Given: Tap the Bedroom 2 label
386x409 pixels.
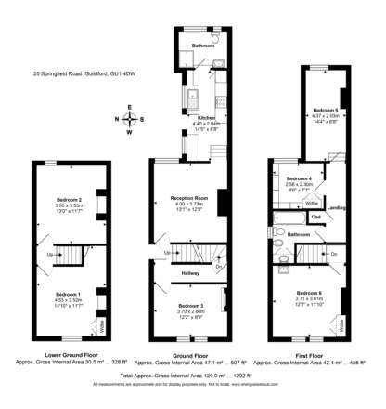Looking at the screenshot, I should [x=69, y=200].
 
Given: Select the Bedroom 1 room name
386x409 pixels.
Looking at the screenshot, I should [x=68, y=294].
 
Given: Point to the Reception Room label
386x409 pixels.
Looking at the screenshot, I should [x=187, y=199].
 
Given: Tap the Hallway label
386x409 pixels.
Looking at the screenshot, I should [x=190, y=273].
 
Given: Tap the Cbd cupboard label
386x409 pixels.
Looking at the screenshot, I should [x=316, y=218].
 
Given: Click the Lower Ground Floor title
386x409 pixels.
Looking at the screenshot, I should [x=66, y=354].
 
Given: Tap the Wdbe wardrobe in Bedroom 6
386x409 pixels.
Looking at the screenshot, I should [x=341, y=326].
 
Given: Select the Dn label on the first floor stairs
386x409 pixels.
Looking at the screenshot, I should [x=333, y=253].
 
